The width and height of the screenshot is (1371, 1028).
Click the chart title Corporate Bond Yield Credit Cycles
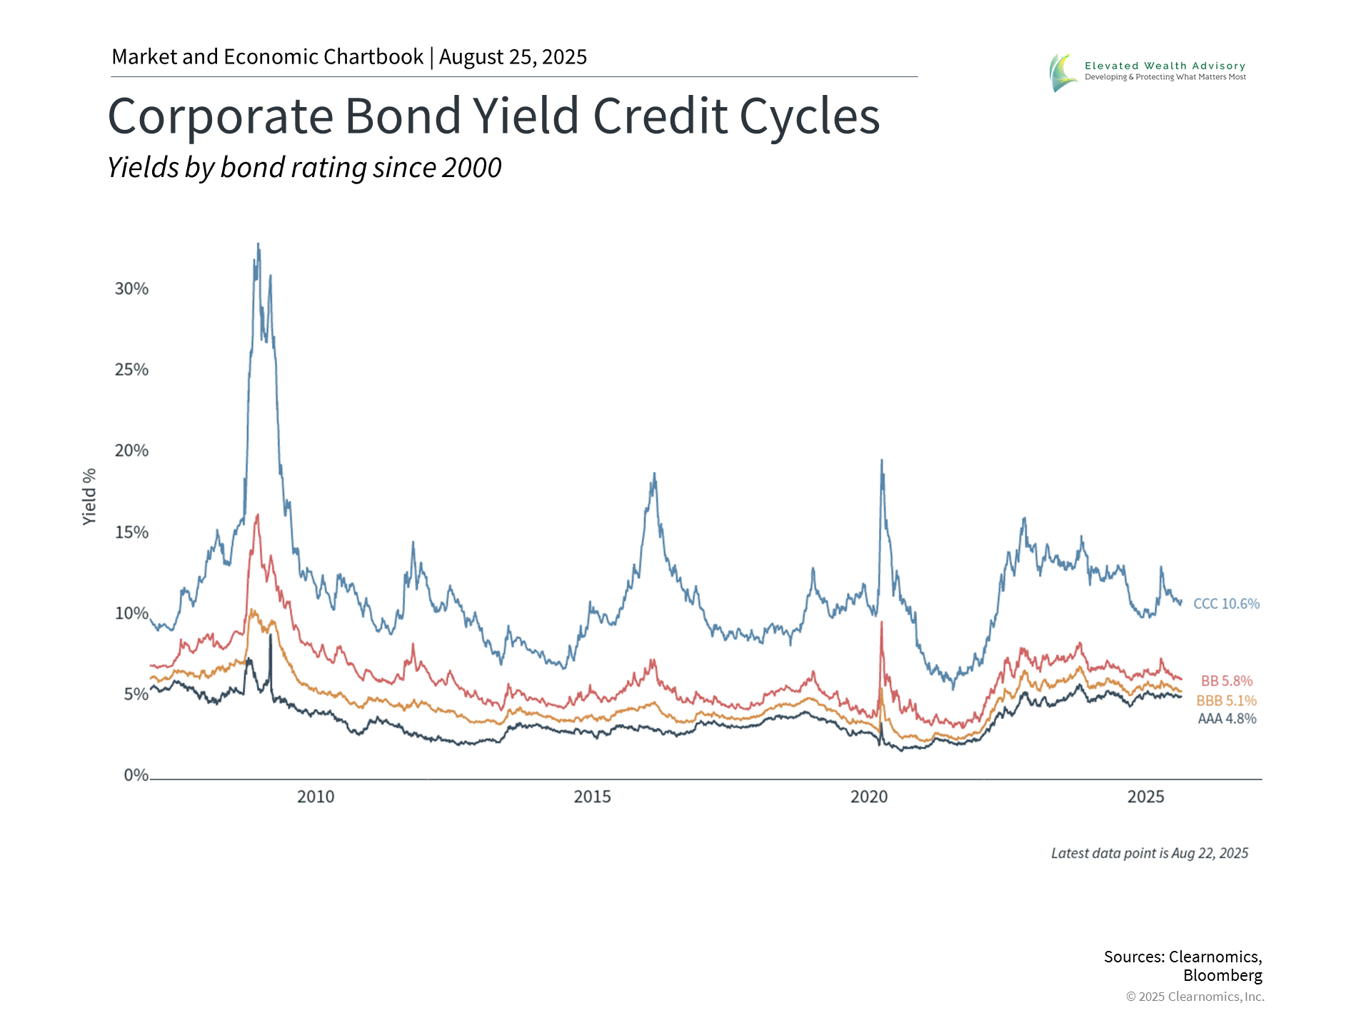click(493, 116)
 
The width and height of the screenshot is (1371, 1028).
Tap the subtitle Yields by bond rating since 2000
click(304, 168)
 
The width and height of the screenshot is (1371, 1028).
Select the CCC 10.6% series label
click(1226, 604)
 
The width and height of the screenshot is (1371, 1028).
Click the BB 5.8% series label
click(1226, 681)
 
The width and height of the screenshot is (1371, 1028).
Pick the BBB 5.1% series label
click(1226, 701)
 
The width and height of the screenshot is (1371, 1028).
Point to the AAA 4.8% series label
click(1226, 719)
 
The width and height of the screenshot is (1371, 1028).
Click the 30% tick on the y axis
click(131, 289)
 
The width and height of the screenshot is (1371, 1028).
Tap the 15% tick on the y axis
click(131, 533)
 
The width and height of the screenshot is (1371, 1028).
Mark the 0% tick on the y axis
click(136, 775)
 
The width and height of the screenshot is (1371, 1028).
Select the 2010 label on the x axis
click(316, 797)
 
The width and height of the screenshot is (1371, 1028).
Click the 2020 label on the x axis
click(869, 797)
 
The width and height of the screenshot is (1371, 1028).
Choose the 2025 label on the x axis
click(1145, 797)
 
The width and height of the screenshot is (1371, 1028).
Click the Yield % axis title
click(89, 497)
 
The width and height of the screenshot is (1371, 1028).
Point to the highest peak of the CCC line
click(258, 244)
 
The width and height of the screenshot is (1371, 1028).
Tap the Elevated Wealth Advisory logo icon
click(1063, 73)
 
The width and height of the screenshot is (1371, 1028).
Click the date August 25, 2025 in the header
click(513, 57)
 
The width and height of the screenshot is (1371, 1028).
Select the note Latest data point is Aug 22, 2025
click(1150, 853)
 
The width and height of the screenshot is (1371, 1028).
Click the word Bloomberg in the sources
click(1222, 975)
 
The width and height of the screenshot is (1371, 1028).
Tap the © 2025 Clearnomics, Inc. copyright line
click(1195, 997)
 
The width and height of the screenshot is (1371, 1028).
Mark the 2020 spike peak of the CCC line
click(882, 460)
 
